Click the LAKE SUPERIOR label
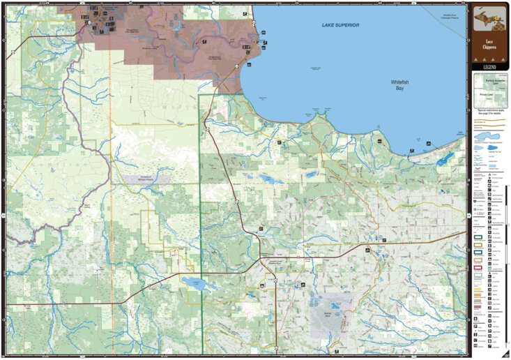point(340,25)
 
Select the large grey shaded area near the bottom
point(332,315)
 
